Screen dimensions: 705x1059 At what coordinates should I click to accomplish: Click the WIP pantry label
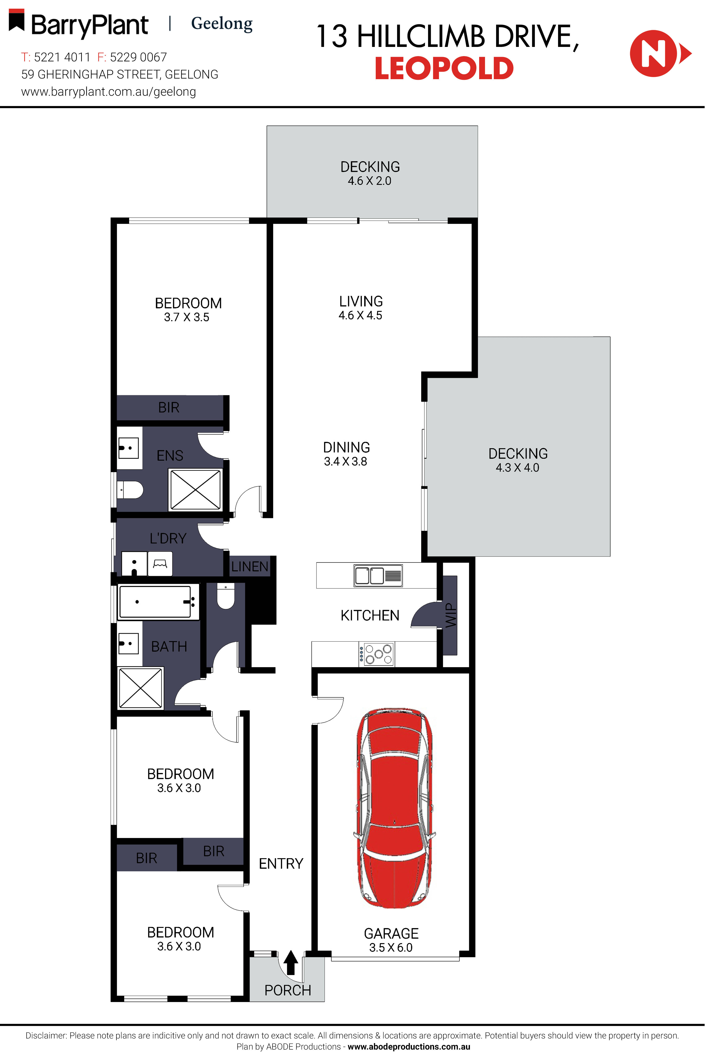pyautogui.click(x=450, y=615)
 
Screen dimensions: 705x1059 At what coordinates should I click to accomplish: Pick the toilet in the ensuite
pyautogui.click(x=130, y=489)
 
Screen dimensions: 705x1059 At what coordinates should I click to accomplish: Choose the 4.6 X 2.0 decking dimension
pyautogui.click(x=370, y=181)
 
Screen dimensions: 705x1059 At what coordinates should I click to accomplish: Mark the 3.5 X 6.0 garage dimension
pyautogui.click(x=391, y=948)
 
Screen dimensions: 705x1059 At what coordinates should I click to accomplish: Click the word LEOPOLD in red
pyautogui.click(x=444, y=68)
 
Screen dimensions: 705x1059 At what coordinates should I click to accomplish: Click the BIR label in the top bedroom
pyautogui.click(x=169, y=408)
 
